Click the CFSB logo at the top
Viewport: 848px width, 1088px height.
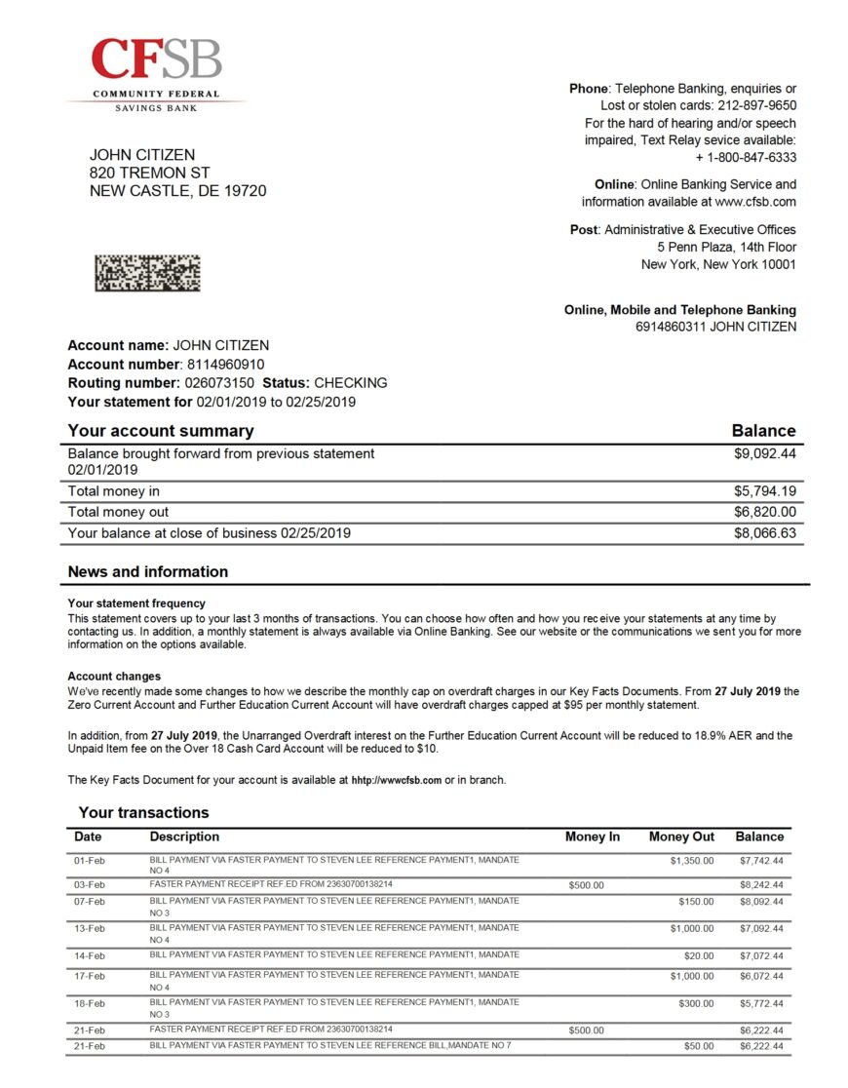pos(156,74)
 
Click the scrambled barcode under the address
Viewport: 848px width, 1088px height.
pos(147,272)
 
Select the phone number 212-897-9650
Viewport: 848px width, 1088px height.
pos(756,105)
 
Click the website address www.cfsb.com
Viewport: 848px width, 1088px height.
pos(755,202)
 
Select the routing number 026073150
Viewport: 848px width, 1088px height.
pos(218,383)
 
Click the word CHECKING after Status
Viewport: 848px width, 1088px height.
pos(350,383)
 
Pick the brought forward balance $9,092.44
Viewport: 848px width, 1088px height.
pos(764,453)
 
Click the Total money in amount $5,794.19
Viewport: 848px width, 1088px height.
pos(764,491)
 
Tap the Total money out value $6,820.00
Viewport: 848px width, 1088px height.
pos(764,512)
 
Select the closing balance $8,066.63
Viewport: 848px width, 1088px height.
pos(764,533)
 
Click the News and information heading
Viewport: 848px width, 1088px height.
pos(147,571)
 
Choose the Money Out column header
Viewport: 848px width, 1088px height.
pos(681,836)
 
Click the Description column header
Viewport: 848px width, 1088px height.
pos(184,836)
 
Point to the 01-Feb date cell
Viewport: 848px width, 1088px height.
pos(90,861)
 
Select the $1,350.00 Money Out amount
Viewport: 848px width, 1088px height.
pos(691,861)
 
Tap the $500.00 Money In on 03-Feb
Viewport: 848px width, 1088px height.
pos(586,885)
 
